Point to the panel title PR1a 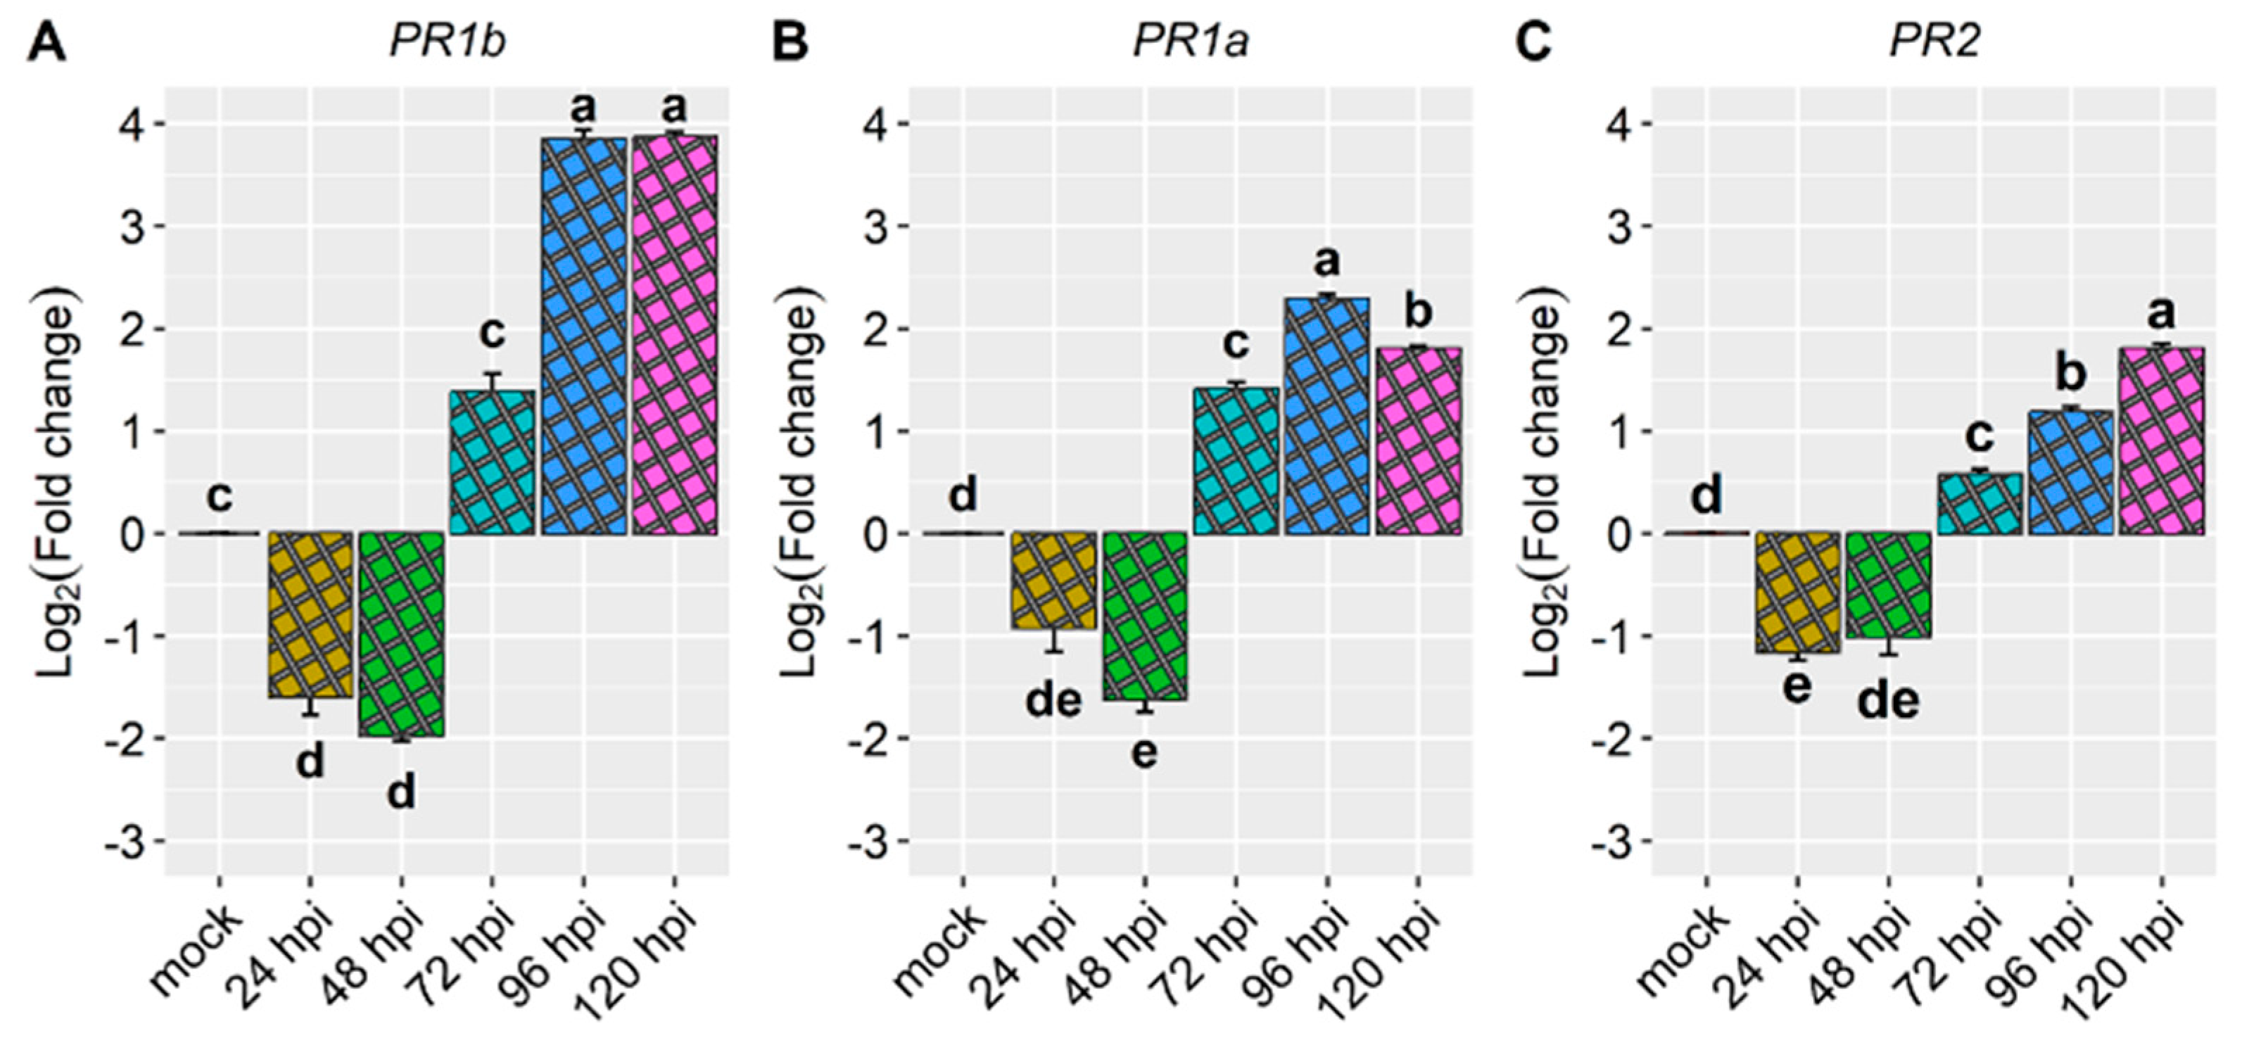point(1191,42)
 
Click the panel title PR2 point(1934,42)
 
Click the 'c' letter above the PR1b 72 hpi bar point(492,334)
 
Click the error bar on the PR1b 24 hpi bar point(310,707)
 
